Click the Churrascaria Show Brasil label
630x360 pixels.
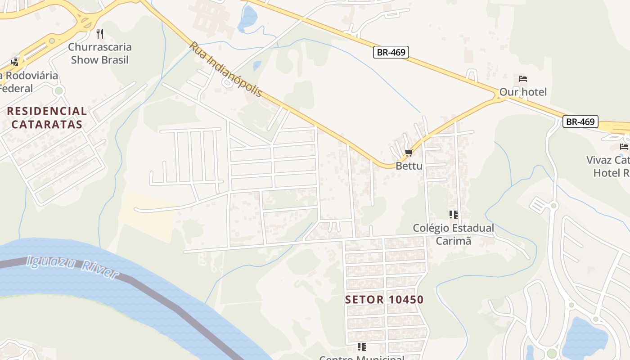pos(100,53)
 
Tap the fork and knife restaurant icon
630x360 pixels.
pos(100,33)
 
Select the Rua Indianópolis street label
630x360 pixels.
pos(225,69)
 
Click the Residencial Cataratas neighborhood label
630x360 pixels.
pos(47,117)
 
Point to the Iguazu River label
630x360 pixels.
pos(72,268)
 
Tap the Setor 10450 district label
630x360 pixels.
pos(384,300)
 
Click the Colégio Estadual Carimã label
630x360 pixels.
pos(453,234)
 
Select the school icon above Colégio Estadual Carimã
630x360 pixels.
pos(453,215)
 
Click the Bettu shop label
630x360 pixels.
pos(409,166)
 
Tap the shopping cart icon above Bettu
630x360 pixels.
pos(409,153)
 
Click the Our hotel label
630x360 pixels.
pos(523,92)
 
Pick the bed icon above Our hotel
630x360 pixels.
pos(522,79)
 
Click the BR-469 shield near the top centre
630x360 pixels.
pos(391,52)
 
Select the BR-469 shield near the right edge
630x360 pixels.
pos(580,121)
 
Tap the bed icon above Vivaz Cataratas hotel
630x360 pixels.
pos(624,147)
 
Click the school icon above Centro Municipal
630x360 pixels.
pos(361,346)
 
